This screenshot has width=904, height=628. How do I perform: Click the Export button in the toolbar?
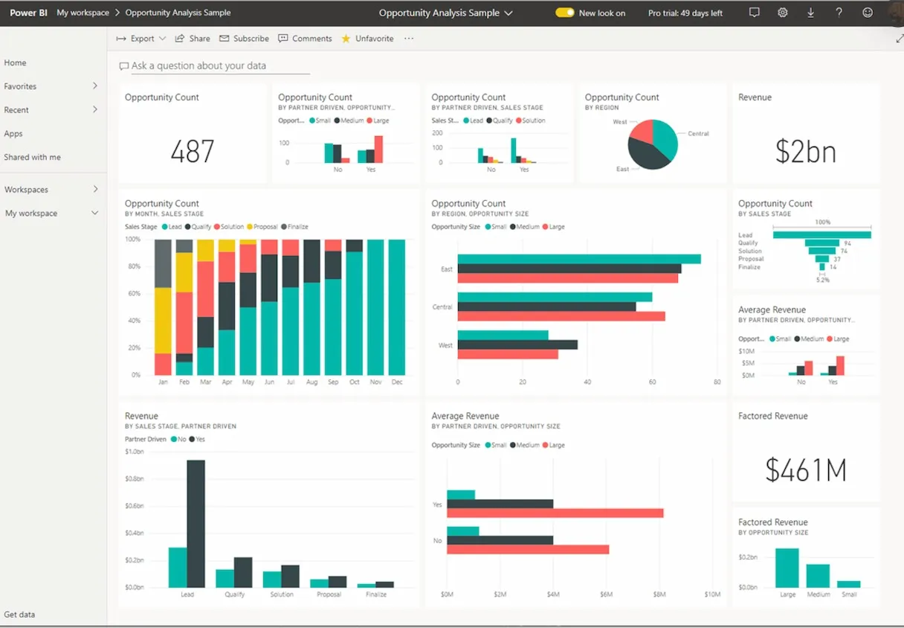click(141, 39)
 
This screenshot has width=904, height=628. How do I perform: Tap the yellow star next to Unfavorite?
click(346, 39)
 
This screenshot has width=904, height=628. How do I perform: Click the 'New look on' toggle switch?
click(565, 13)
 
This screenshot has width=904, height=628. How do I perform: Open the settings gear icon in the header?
click(783, 13)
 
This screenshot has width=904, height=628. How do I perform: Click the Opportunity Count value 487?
click(192, 152)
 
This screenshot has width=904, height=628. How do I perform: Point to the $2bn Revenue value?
click(805, 152)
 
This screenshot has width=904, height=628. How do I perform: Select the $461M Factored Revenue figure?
click(806, 470)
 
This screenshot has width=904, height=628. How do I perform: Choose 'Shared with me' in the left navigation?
click(33, 157)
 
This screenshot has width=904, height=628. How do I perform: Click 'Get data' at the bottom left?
click(19, 615)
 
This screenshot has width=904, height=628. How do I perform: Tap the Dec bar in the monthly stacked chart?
click(397, 307)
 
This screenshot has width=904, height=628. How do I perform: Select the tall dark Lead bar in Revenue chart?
click(196, 524)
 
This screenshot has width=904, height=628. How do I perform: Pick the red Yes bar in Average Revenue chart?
click(555, 513)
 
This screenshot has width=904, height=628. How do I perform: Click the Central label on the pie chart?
click(698, 134)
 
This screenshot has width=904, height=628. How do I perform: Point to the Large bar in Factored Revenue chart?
click(787, 568)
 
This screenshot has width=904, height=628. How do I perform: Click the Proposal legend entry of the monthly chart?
click(265, 227)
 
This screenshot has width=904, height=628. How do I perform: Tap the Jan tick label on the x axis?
click(163, 382)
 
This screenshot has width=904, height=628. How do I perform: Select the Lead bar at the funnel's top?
click(821, 235)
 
